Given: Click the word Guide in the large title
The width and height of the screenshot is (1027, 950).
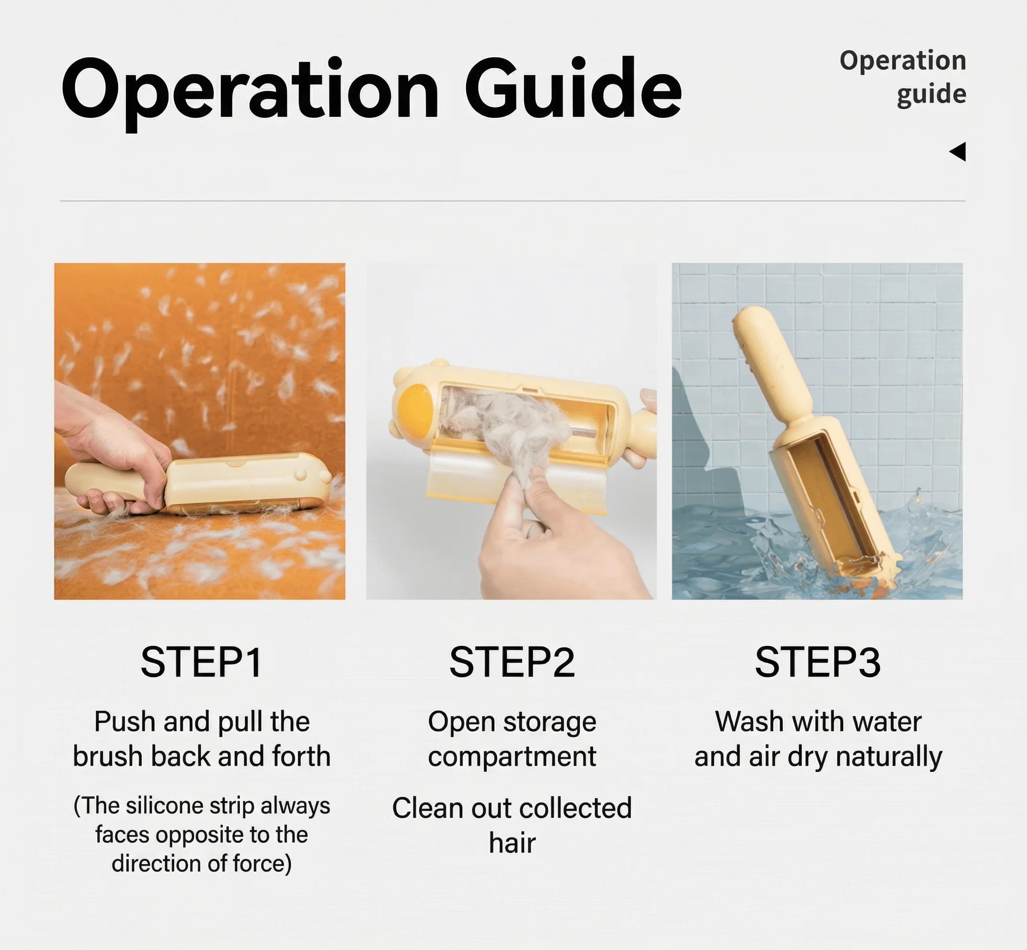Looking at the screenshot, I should point(573,89).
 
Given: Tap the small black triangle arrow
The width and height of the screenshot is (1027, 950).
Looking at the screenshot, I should point(958,152).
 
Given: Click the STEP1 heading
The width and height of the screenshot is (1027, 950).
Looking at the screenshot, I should point(202,663).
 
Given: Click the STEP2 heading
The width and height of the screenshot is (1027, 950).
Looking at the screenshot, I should point(512,663).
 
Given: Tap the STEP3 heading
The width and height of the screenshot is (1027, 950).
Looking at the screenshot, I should point(818,663).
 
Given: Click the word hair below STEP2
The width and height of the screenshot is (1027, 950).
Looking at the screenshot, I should point(512,843).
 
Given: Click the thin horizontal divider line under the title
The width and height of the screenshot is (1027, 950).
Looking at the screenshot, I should point(512,201).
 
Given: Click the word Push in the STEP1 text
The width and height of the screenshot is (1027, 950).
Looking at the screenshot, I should point(125,722).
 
